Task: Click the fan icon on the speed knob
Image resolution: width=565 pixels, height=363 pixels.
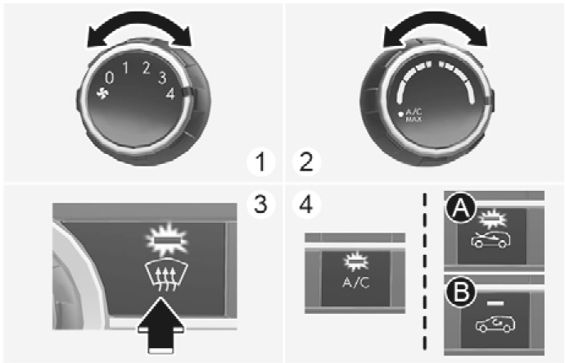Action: (102, 94)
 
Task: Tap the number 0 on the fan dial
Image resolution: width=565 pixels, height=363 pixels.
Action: (109, 78)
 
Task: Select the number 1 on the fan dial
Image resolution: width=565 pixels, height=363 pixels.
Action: (125, 67)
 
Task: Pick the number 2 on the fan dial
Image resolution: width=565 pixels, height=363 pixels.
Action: (146, 68)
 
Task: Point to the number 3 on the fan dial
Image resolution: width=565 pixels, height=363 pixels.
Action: (162, 78)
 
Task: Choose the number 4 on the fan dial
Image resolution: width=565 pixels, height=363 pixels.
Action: (170, 93)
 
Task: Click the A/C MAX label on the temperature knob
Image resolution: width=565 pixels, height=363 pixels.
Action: (414, 116)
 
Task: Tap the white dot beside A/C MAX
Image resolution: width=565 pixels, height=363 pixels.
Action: (400, 114)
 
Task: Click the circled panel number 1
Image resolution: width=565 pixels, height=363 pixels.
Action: (260, 162)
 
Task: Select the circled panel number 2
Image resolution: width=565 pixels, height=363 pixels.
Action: (306, 162)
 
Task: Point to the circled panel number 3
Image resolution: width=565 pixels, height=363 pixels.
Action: (260, 204)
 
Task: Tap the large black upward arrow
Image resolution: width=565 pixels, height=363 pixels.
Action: (161, 325)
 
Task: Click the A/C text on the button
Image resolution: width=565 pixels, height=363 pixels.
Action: (356, 283)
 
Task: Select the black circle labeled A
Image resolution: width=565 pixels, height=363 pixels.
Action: (461, 209)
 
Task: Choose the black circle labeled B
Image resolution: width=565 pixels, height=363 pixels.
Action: (461, 292)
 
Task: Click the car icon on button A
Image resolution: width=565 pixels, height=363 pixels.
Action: (490, 239)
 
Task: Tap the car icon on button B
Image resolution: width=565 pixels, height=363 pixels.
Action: (495, 324)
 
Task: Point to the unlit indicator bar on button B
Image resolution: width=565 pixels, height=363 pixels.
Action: (495, 303)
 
